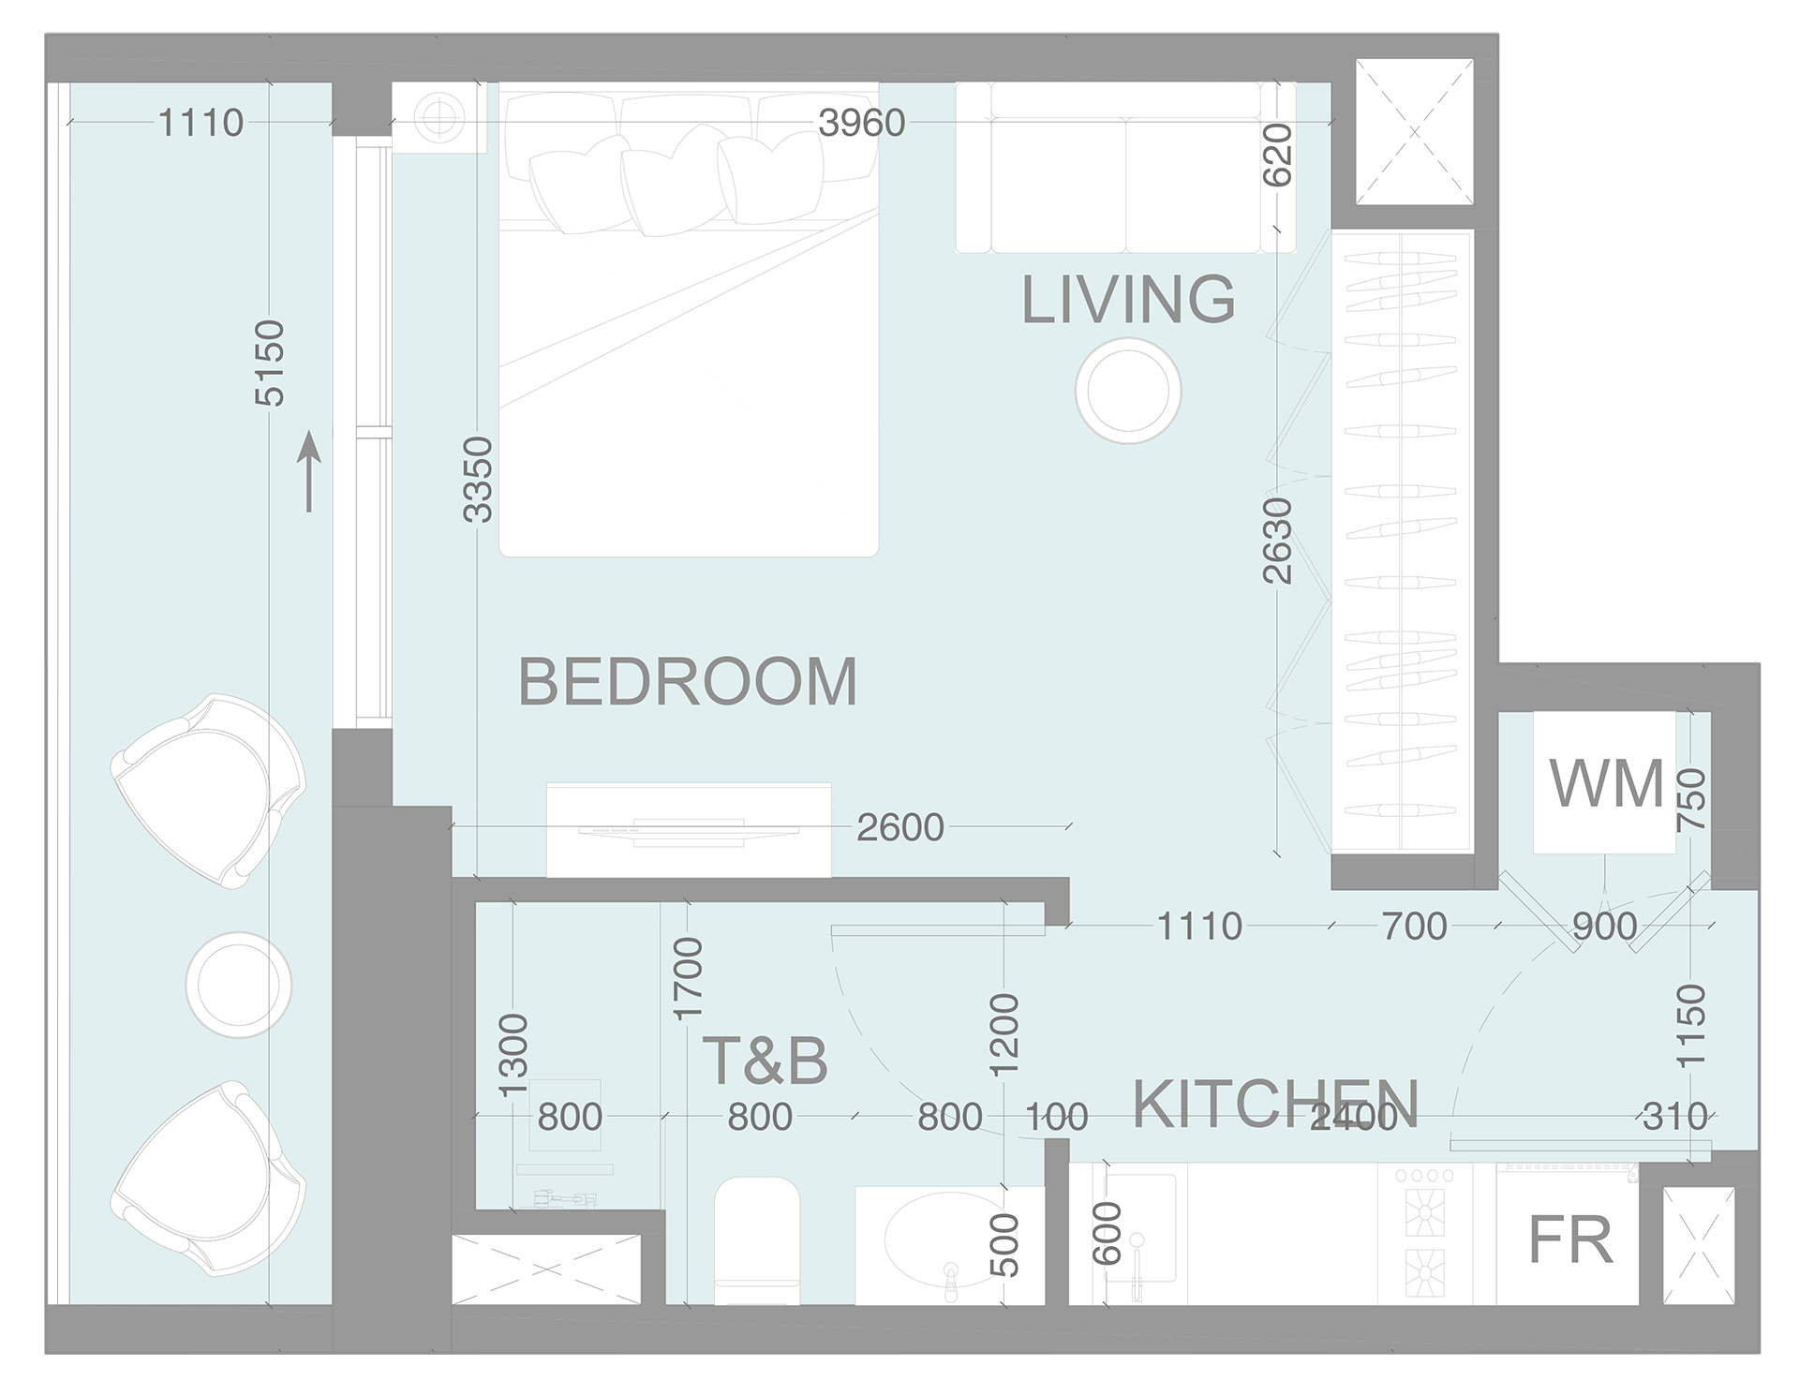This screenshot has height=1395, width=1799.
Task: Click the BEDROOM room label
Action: point(688,682)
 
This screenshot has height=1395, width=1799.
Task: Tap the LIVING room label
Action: point(1128,300)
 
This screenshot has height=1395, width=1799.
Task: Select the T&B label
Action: point(765,1061)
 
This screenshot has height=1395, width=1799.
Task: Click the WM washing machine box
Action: point(1605,783)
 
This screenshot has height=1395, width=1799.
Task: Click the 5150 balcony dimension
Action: point(269,364)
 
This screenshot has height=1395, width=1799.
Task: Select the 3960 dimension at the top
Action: point(861,123)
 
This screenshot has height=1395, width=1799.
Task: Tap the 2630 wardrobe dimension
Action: point(1277,541)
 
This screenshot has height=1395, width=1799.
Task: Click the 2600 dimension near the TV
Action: point(900,827)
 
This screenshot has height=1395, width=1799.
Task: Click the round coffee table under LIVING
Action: point(1128,391)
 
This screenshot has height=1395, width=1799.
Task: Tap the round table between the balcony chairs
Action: point(239,984)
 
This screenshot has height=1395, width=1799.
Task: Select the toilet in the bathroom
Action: point(756,1239)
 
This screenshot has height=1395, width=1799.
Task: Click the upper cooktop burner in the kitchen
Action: point(1424,1214)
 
